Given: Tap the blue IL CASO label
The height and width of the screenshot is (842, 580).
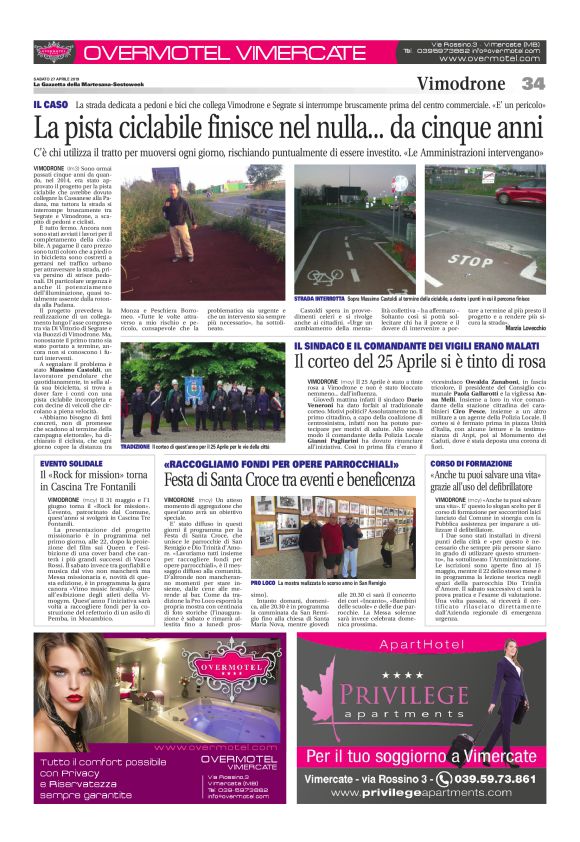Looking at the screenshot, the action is [x=49, y=104].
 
